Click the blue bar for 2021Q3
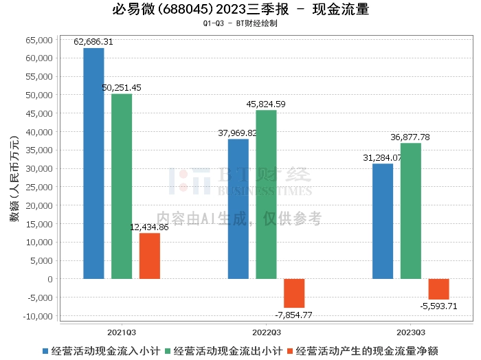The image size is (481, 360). coord(93,164)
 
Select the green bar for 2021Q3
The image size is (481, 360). coord(122,186)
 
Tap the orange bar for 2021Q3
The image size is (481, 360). coord(150,256)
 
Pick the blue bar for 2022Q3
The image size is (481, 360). coord(238,209)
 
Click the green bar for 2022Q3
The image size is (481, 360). coord(266,194)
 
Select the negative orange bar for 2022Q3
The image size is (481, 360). coord(294,293)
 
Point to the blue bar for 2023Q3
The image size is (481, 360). coord(383,221)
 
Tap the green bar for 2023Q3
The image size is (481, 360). coord(411,211)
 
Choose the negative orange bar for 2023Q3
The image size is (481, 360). coord(438,289)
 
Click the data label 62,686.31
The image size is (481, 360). coord(93,42)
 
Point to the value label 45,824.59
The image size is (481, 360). coord(266,104)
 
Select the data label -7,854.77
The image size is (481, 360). coord(294,315)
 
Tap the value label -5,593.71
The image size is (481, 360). coord(438,306)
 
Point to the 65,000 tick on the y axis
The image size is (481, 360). coord(38,40)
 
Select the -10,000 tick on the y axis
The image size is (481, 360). coord(37,316)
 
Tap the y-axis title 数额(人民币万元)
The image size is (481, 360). coord(13,179)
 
